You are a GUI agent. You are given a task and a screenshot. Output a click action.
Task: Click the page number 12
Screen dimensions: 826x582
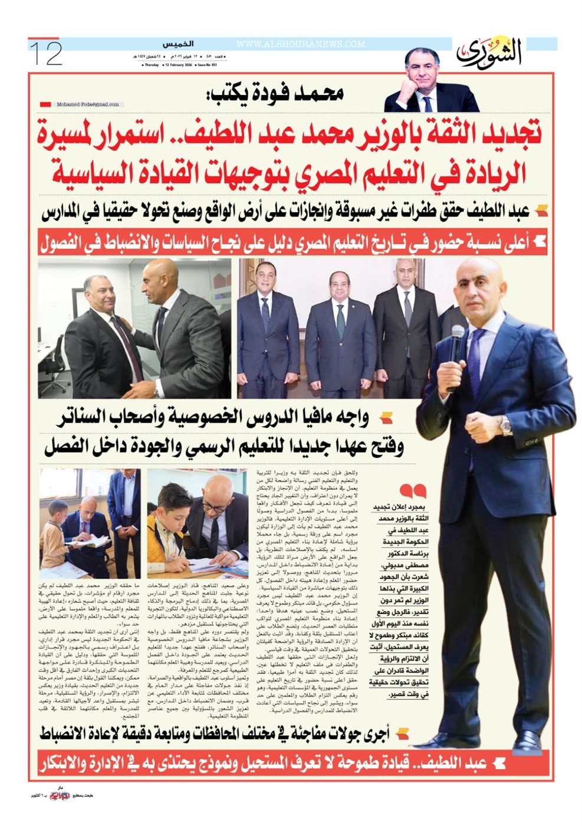(x=45, y=53)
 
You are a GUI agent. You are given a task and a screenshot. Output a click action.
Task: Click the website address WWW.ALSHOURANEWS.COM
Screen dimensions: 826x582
(x=301, y=44)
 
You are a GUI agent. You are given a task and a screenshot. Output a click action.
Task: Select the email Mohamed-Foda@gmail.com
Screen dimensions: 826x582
(x=88, y=104)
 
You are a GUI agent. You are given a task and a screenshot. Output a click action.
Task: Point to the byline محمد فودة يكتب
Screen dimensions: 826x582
(x=275, y=94)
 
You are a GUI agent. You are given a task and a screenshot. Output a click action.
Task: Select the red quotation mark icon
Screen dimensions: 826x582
(x=412, y=491)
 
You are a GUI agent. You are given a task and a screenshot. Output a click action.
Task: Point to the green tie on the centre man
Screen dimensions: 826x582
(x=340, y=322)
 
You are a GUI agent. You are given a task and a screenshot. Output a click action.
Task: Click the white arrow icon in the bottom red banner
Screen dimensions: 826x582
(x=498, y=762)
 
